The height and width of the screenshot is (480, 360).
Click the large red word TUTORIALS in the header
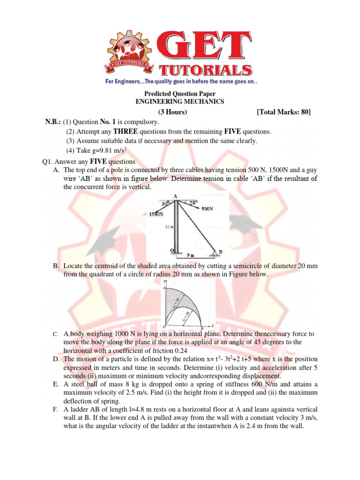pyautogui.click(x=207, y=71)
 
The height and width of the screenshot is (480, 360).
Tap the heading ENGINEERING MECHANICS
pyautogui.click(x=180, y=101)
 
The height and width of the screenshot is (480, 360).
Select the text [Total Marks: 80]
pyautogui.click(x=284, y=112)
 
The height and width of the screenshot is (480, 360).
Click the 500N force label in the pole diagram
pyautogui.click(x=208, y=210)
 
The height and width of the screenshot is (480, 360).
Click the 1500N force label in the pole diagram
pyautogui.click(x=156, y=214)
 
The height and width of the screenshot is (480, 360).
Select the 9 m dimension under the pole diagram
pyautogui.click(x=189, y=255)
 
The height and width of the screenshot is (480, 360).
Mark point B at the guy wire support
pyautogui.click(x=220, y=252)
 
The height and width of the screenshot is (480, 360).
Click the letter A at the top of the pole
pyautogui.click(x=175, y=196)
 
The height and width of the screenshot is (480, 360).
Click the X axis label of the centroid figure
pyautogui.click(x=212, y=325)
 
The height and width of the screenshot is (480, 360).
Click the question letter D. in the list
pyautogui.click(x=56, y=359)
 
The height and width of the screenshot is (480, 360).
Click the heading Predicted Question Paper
pyautogui.click(x=180, y=94)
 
